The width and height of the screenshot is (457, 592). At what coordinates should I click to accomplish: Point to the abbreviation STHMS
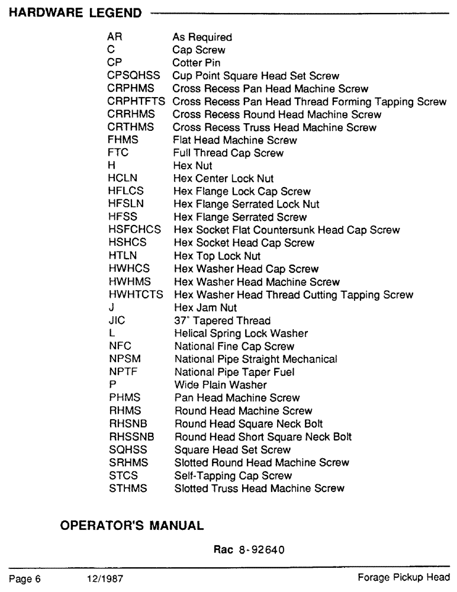125,488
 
